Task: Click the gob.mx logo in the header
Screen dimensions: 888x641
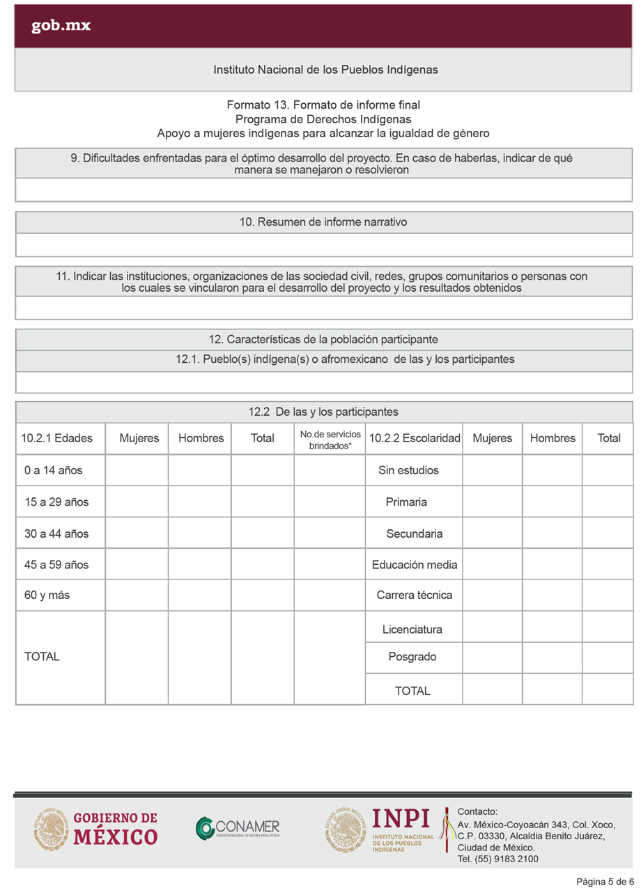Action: (x=61, y=26)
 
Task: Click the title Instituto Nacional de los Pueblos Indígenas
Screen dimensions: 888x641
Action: (x=325, y=70)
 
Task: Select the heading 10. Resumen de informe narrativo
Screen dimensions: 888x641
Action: (x=323, y=222)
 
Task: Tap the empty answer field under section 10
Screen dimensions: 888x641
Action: (x=323, y=245)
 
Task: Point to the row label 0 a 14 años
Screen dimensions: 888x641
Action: (x=53, y=470)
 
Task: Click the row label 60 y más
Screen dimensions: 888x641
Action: (x=47, y=595)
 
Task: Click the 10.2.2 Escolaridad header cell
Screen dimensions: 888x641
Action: (x=414, y=438)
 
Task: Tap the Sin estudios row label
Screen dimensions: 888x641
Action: (x=408, y=470)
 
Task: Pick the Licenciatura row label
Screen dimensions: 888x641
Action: (x=412, y=630)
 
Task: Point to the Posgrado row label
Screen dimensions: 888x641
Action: (x=412, y=656)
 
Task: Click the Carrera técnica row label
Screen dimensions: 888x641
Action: (x=414, y=595)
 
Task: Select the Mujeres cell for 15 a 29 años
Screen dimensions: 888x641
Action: (x=137, y=501)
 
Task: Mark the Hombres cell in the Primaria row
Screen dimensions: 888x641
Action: (x=552, y=501)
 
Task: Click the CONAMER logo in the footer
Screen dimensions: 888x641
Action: (x=238, y=827)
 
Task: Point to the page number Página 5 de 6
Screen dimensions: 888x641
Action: (x=604, y=882)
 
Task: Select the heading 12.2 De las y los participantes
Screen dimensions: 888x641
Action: (x=323, y=412)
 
